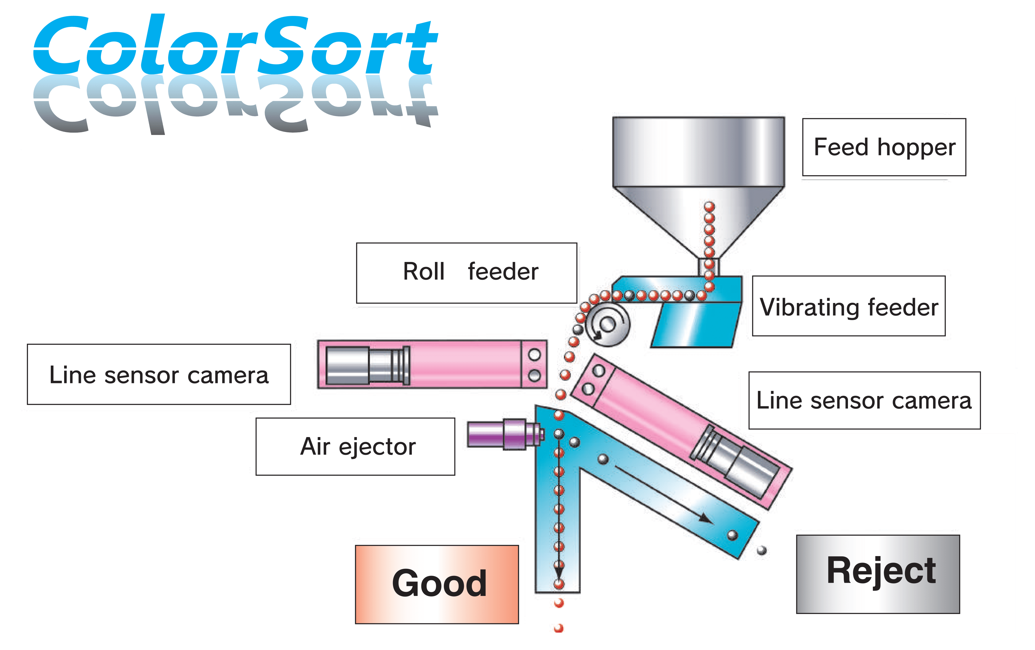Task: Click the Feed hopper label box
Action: (x=884, y=147)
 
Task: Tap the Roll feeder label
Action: (x=466, y=273)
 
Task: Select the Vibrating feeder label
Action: (x=849, y=306)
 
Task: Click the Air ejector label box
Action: (x=355, y=446)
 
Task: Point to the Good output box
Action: (x=437, y=584)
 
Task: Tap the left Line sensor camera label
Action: (x=159, y=374)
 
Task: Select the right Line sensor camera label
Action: (x=864, y=400)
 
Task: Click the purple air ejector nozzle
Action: (x=505, y=434)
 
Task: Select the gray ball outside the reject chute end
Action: (x=762, y=550)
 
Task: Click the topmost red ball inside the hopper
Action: (x=709, y=207)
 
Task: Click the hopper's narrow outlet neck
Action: (x=709, y=267)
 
